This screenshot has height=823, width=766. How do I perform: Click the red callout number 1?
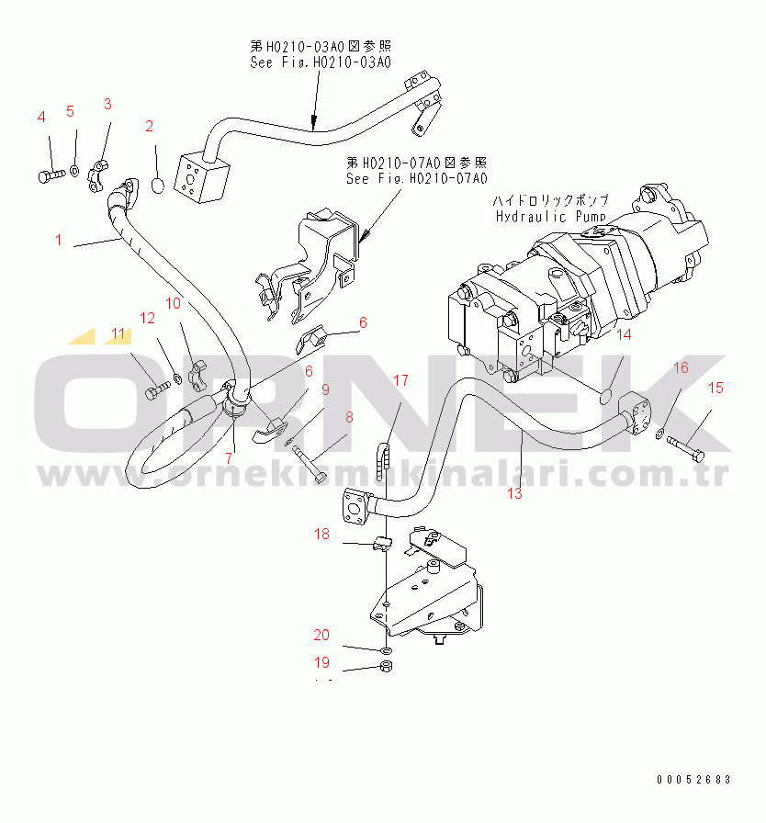58,240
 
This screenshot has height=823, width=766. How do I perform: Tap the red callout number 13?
514,493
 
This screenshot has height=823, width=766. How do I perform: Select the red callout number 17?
400,380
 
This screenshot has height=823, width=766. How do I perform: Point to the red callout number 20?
321,635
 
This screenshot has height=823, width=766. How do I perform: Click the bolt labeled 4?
51,175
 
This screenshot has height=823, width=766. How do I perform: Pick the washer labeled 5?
74,171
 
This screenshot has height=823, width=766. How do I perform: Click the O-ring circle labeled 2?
158,186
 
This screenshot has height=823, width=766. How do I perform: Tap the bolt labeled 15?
686,449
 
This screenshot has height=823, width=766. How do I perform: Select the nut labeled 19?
387,667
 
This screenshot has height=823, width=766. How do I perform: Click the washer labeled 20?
387,651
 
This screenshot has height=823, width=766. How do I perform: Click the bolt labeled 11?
157,390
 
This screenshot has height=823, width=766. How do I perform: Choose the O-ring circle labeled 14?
605,398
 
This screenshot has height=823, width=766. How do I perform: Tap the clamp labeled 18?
382,543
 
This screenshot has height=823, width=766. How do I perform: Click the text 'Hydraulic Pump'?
551,216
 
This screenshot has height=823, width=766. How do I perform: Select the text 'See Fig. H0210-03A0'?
321,62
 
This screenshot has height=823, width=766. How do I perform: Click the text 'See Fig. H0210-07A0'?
417,178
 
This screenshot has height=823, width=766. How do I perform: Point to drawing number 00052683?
693,780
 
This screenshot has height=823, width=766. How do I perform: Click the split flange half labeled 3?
97,176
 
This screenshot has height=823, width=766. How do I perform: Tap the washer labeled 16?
660,434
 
